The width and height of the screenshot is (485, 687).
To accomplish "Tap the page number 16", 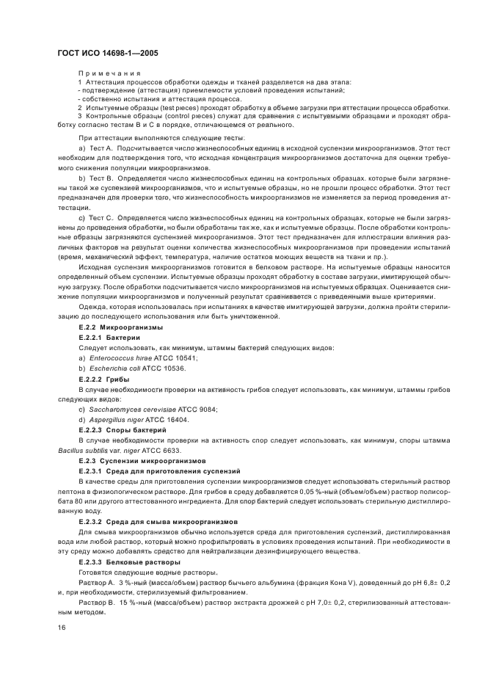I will point(62,628).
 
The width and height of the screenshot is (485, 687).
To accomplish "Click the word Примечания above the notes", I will point(109,73).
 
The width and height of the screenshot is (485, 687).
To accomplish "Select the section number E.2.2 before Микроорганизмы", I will point(88,327).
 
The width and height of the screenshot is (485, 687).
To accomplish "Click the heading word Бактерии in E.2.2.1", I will point(125,337).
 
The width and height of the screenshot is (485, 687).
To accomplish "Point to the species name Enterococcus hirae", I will point(114,357).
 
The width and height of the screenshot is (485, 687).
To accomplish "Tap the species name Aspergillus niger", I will point(116,419).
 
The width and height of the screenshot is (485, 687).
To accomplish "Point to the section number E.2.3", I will point(88,460).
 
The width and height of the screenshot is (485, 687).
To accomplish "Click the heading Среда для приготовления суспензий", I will point(172,470).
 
